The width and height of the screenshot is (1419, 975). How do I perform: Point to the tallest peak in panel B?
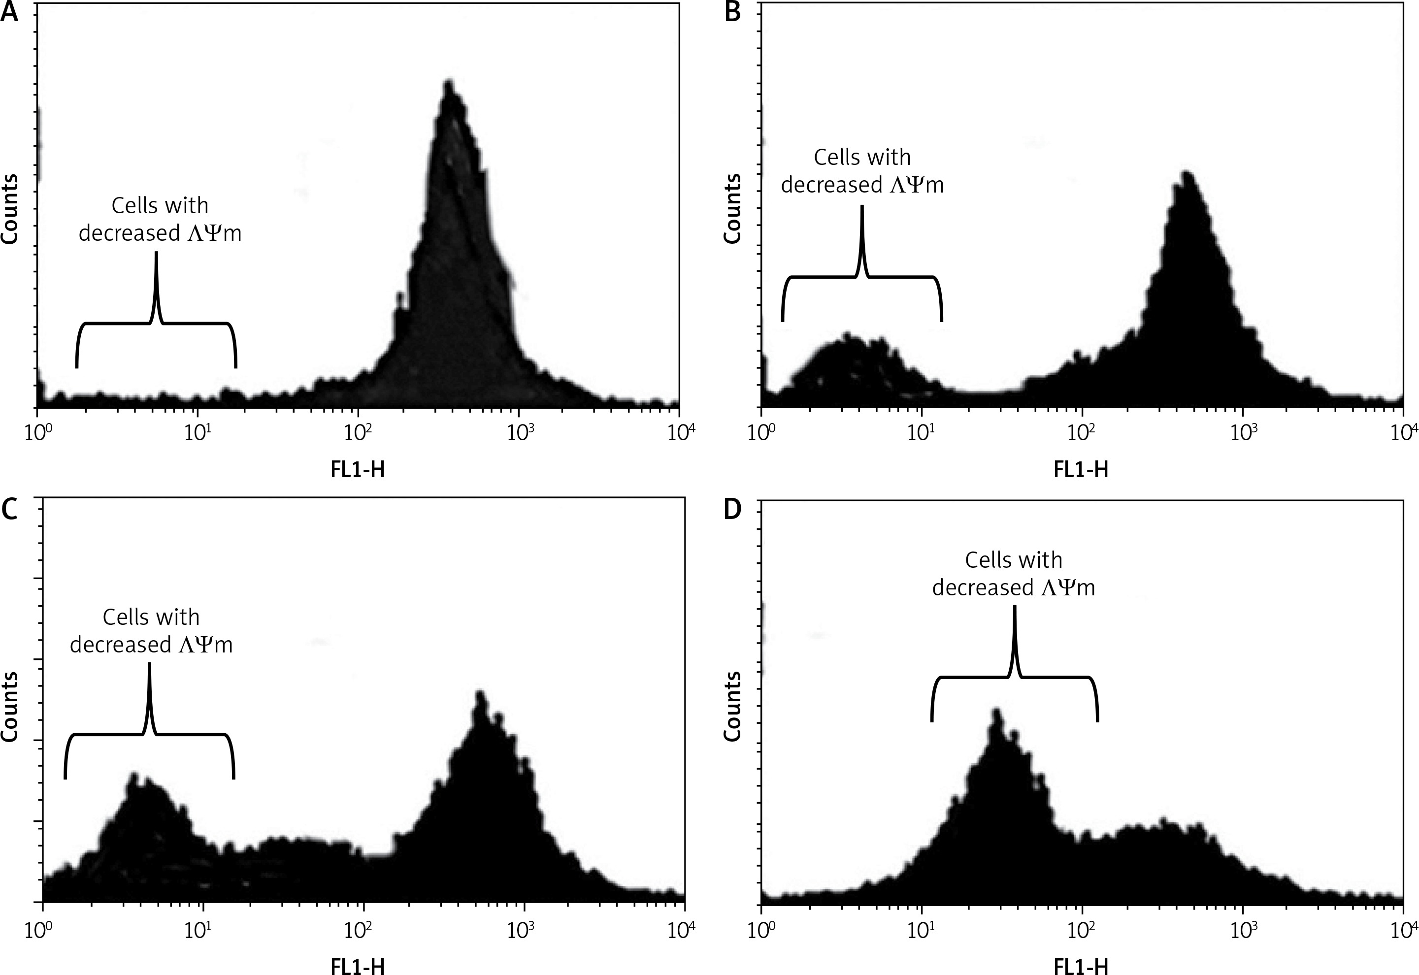point(1188,174)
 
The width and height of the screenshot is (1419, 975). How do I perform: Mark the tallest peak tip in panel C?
point(480,693)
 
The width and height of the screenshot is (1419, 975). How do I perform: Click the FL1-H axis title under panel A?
point(358,470)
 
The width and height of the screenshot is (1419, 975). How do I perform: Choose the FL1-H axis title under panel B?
point(1081,470)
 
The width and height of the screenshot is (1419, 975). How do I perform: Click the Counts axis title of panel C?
point(10,706)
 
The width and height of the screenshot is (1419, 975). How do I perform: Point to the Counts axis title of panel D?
point(733,706)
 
